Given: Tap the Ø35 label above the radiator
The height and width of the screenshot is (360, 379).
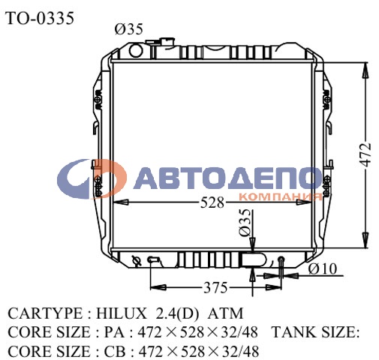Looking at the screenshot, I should point(128,30).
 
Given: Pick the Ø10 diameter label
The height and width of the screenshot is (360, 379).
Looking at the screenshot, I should point(321,268).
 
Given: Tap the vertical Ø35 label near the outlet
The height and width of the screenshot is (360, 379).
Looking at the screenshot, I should point(244,223).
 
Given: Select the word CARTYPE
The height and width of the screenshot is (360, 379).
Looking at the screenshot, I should point(42,313).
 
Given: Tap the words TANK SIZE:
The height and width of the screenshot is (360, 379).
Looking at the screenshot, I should point(315,332).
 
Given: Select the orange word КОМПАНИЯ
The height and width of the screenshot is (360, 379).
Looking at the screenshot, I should point(279,197).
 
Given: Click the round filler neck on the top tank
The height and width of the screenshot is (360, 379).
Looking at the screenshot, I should point(135,51).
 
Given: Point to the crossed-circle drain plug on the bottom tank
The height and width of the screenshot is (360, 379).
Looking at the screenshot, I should point(137,260).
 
